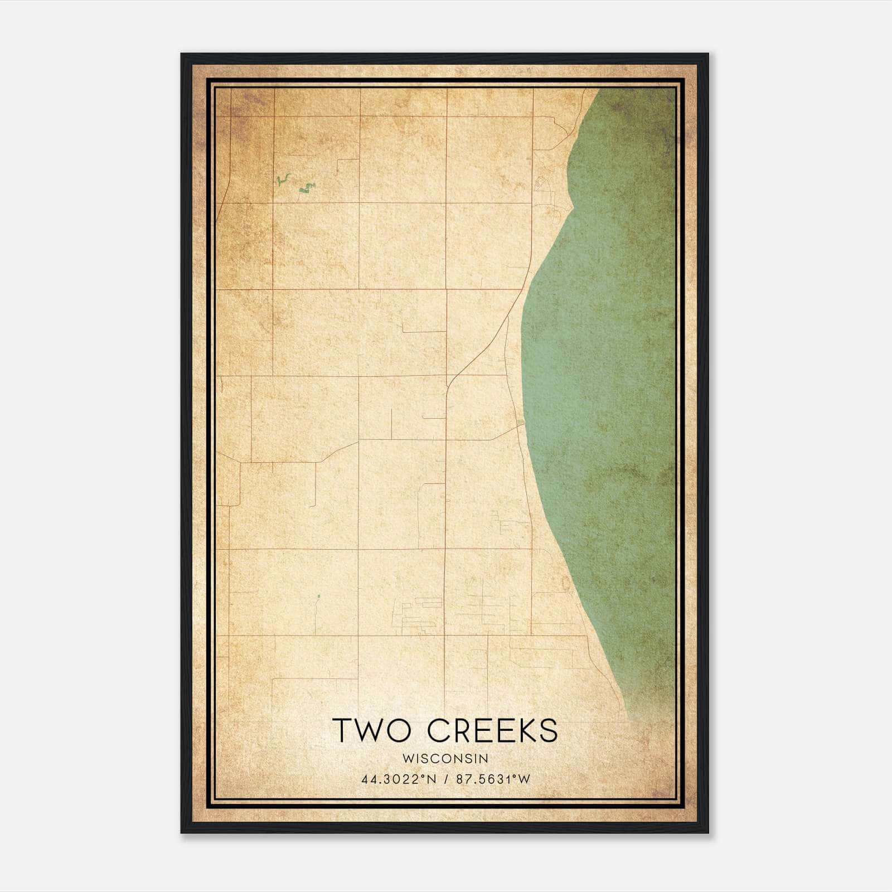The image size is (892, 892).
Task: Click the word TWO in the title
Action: click(370, 730)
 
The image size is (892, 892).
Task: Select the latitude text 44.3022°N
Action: click(399, 779)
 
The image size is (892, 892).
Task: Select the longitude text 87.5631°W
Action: click(493, 779)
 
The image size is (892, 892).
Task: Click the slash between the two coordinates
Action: click(447, 779)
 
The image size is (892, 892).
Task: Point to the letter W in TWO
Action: click(372, 730)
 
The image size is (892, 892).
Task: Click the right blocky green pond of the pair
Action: click(306, 188)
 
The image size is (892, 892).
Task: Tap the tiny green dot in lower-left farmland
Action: click(318, 597)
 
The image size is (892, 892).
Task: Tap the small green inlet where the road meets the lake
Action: click(521, 425)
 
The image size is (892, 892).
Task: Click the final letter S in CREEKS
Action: click(549, 730)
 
